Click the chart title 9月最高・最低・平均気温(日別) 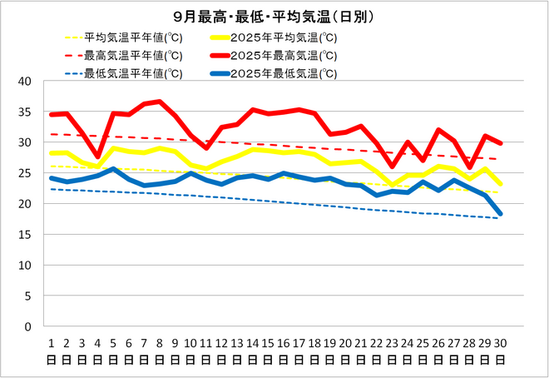tap(274, 17)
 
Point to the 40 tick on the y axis tap(25, 82)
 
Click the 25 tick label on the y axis tap(25, 173)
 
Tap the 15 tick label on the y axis tap(25, 235)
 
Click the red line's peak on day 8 tap(160, 102)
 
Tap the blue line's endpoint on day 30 tap(500, 214)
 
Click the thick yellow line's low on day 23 tap(392, 185)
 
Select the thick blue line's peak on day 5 tap(113, 169)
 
